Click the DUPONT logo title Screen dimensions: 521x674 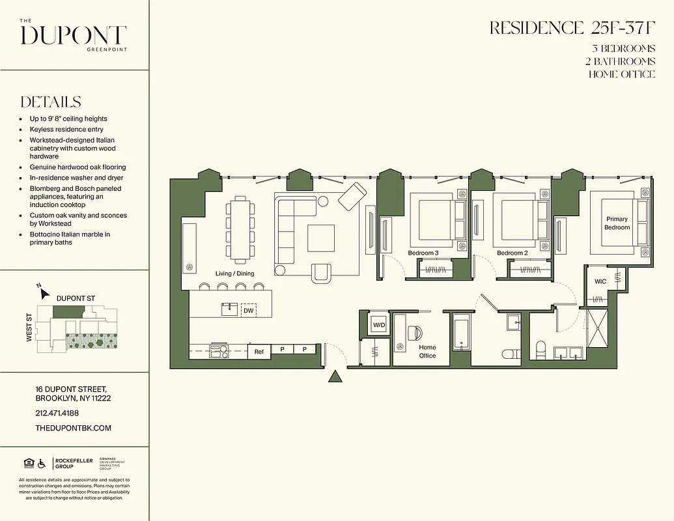tap(73, 35)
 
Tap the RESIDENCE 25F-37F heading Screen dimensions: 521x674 tap(572, 28)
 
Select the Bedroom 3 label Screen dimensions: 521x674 tap(423, 253)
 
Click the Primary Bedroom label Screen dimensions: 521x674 tap(617, 223)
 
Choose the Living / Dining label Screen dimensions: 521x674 tap(234, 274)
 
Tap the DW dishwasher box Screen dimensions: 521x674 tap(248, 311)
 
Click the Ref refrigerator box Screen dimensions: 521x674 tap(259, 352)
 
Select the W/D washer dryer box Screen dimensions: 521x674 tap(379, 324)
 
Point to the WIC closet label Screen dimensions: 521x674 tap(600, 281)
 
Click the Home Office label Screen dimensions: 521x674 tap(427, 352)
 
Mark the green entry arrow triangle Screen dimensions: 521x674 tap(335, 377)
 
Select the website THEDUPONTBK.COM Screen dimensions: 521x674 tap(74, 428)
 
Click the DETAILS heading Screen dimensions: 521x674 tap(51, 102)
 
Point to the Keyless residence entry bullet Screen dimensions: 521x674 tap(66, 130)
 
